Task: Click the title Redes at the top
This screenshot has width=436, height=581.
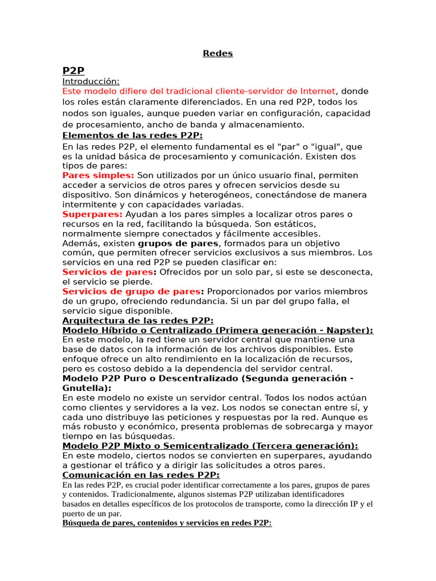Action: coord(218,54)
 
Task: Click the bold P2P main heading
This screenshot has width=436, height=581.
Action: coord(73,70)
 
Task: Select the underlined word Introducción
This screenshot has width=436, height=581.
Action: coord(91,81)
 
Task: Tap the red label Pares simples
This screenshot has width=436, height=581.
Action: coord(98,175)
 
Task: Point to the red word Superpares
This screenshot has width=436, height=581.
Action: coord(92,214)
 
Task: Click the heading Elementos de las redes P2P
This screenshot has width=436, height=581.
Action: coord(132,135)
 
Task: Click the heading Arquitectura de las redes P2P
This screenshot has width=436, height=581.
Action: coord(137,321)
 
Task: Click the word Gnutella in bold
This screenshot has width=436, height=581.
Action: coord(85,388)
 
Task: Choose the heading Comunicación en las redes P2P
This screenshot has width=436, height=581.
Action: coord(141,475)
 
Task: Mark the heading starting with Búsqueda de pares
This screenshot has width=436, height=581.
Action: coord(167,523)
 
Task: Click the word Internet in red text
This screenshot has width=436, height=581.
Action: coord(318,91)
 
